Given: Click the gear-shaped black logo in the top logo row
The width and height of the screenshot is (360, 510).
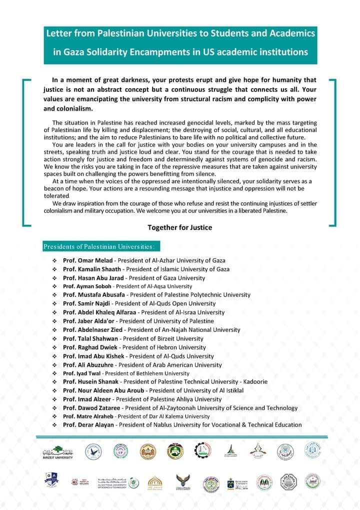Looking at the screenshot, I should point(202,450).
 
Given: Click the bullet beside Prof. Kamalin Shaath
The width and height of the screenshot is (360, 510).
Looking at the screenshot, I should point(54,269).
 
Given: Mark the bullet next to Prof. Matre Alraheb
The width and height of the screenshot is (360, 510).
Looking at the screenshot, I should point(54,416).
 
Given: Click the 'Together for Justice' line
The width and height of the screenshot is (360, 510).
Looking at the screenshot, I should point(179,228).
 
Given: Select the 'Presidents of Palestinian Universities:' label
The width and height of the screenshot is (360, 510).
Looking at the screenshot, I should point(101,247).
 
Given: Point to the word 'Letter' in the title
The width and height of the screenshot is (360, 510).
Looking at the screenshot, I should point(58,33).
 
